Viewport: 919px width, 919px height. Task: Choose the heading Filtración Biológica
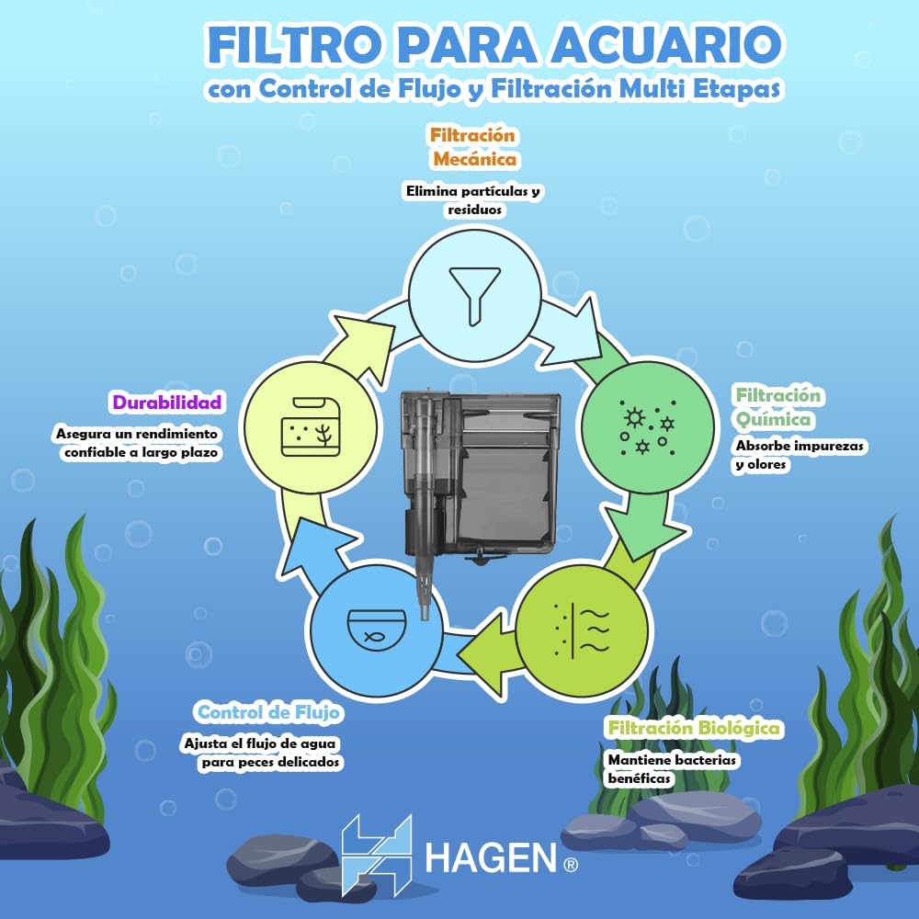click(x=694, y=728)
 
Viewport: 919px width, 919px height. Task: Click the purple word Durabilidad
click(x=167, y=402)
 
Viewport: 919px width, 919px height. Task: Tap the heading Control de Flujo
click(x=269, y=712)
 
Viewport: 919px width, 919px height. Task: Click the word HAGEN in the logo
click(x=491, y=859)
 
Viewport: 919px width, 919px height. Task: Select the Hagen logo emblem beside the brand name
click(x=376, y=854)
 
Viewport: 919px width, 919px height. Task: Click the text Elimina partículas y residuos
click(x=472, y=200)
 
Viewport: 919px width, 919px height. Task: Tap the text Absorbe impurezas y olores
click(x=800, y=455)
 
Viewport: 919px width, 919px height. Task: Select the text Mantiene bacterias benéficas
click(x=673, y=769)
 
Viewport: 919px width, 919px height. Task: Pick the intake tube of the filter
click(x=424, y=515)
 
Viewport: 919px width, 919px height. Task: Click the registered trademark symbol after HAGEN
click(x=570, y=864)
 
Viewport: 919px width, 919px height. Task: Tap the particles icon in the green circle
click(x=648, y=427)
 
